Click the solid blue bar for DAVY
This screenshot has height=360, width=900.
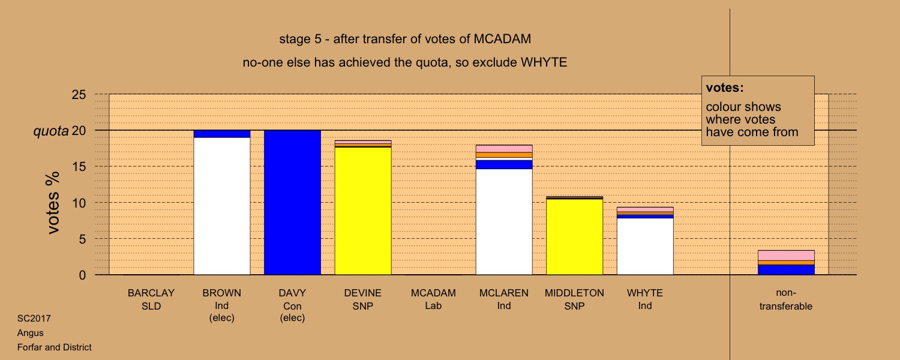292,203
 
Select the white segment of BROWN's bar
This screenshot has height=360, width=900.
222,206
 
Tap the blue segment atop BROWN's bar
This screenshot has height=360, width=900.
222,134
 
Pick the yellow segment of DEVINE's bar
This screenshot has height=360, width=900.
363,211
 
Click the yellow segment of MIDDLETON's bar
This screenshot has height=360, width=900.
575,237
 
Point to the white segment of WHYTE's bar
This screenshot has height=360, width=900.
645,246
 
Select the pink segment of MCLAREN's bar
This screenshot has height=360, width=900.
504,149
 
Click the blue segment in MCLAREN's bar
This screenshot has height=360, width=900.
504,165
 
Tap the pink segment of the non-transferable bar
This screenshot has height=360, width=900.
786,256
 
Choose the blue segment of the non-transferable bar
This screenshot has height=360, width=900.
786,270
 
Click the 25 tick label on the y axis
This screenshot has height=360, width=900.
79,94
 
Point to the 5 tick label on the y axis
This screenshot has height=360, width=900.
82,239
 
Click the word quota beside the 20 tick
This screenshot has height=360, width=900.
51,131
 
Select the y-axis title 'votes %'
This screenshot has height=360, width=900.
53,203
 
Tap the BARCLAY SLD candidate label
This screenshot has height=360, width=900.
151,299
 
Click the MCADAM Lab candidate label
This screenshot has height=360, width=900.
433,299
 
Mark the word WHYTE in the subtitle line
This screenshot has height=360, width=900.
544,62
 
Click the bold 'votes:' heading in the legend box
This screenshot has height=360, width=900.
725,88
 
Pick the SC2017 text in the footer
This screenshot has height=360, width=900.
34,319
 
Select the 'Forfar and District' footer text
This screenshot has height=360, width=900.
54,347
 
